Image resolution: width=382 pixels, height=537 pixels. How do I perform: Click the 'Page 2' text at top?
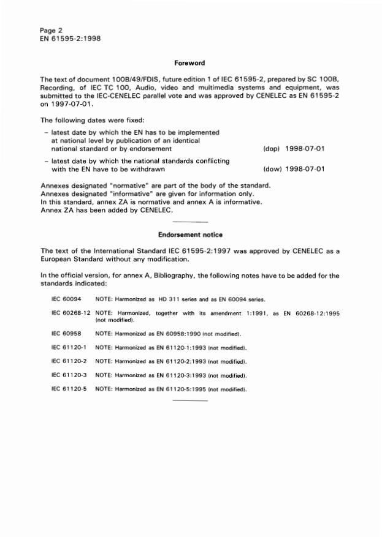click(x=51, y=29)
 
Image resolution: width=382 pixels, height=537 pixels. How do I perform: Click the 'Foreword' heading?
click(x=190, y=63)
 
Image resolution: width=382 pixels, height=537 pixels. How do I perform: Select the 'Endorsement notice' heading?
click(x=190, y=235)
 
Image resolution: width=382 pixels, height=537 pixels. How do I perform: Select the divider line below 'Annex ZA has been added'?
click(x=191, y=221)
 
